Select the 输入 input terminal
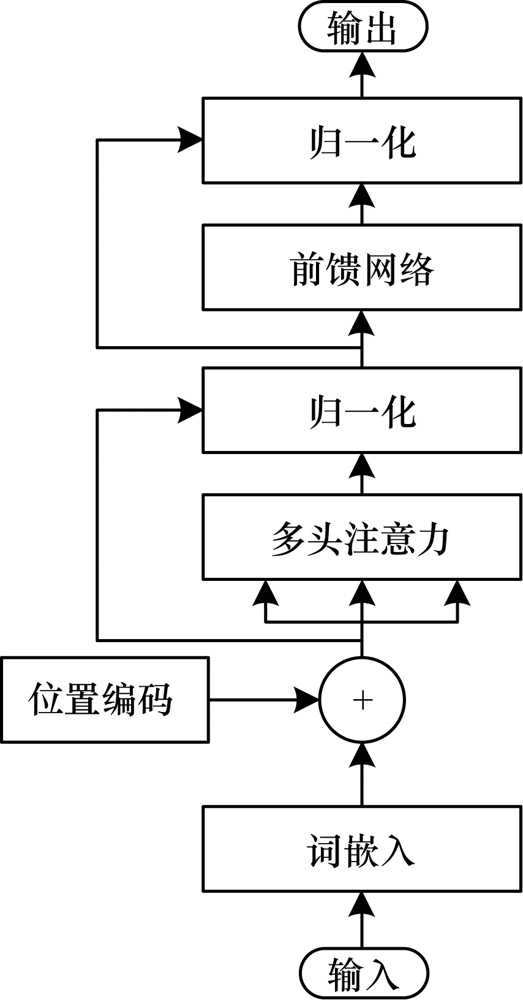click(x=363, y=974)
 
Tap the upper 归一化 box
click(x=363, y=140)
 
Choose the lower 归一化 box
click(x=363, y=410)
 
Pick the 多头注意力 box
click(x=363, y=537)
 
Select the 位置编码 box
click(x=105, y=700)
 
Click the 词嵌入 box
click(x=363, y=849)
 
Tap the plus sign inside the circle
click(x=363, y=700)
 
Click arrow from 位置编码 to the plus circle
click(x=263, y=700)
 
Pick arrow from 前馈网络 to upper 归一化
click(x=363, y=203)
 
